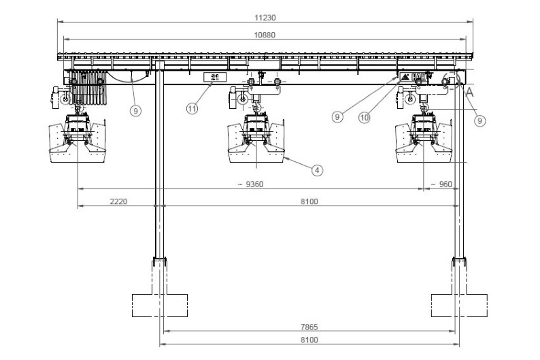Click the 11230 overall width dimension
265,17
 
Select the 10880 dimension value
265,35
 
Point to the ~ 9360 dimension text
250,184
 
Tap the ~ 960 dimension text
441,184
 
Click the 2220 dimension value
118,201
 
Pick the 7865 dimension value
309,327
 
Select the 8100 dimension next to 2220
309,201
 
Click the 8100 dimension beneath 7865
309,340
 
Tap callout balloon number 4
317,170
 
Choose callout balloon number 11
192,109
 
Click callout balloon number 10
365,118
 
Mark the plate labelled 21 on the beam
214,77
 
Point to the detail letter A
469,93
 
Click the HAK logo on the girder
412,76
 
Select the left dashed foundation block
160,306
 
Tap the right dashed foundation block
459,306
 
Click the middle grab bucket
256,139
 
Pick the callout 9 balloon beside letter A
479,120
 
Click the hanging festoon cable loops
88,88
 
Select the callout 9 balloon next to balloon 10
337,117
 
